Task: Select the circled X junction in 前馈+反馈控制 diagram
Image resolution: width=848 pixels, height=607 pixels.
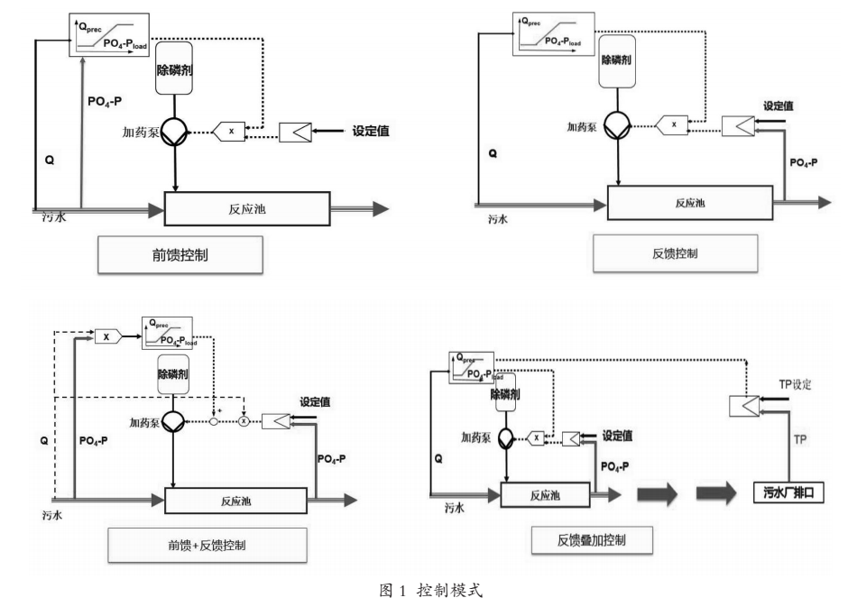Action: point(244,420)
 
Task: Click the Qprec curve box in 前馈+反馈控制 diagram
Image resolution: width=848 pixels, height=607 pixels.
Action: point(169,333)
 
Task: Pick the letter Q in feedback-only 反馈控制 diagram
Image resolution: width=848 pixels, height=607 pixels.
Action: point(492,154)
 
